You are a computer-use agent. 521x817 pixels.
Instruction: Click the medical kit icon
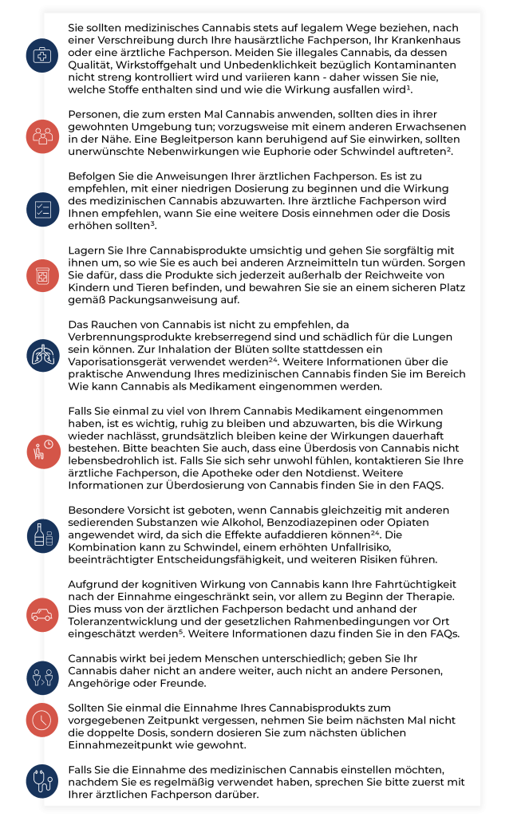40,55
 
